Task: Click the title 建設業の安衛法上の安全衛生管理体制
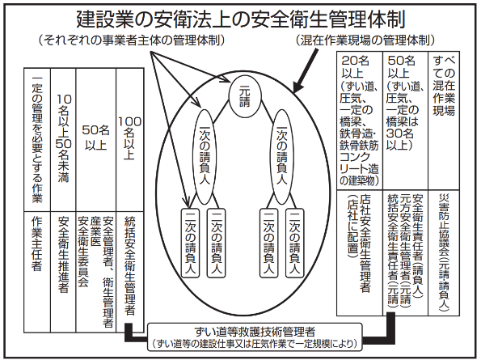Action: (x=241, y=19)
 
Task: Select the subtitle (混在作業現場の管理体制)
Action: (x=365, y=40)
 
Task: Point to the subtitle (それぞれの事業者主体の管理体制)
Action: (x=132, y=40)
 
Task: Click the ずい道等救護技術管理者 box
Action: (x=255, y=337)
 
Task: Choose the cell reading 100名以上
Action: (x=130, y=140)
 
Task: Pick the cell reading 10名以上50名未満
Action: (x=63, y=140)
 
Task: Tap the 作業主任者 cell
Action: (x=37, y=272)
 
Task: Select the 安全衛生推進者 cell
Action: (x=63, y=272)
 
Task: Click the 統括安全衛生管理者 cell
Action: (x=130, y=272)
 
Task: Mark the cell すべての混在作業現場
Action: (x=444, y=121)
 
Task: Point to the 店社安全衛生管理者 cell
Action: (x=360, y=253)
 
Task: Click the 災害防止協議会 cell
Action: (x=444, y=253)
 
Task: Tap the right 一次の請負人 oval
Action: (x=281, y=156)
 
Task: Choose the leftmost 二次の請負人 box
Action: (x=190, y=243)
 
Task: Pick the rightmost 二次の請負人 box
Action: (x=294, y=243)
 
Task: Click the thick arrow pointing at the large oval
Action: (x=306, y=70)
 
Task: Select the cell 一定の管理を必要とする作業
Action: (x=37, y=140)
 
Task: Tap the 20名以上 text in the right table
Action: (x=355, y=67)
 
